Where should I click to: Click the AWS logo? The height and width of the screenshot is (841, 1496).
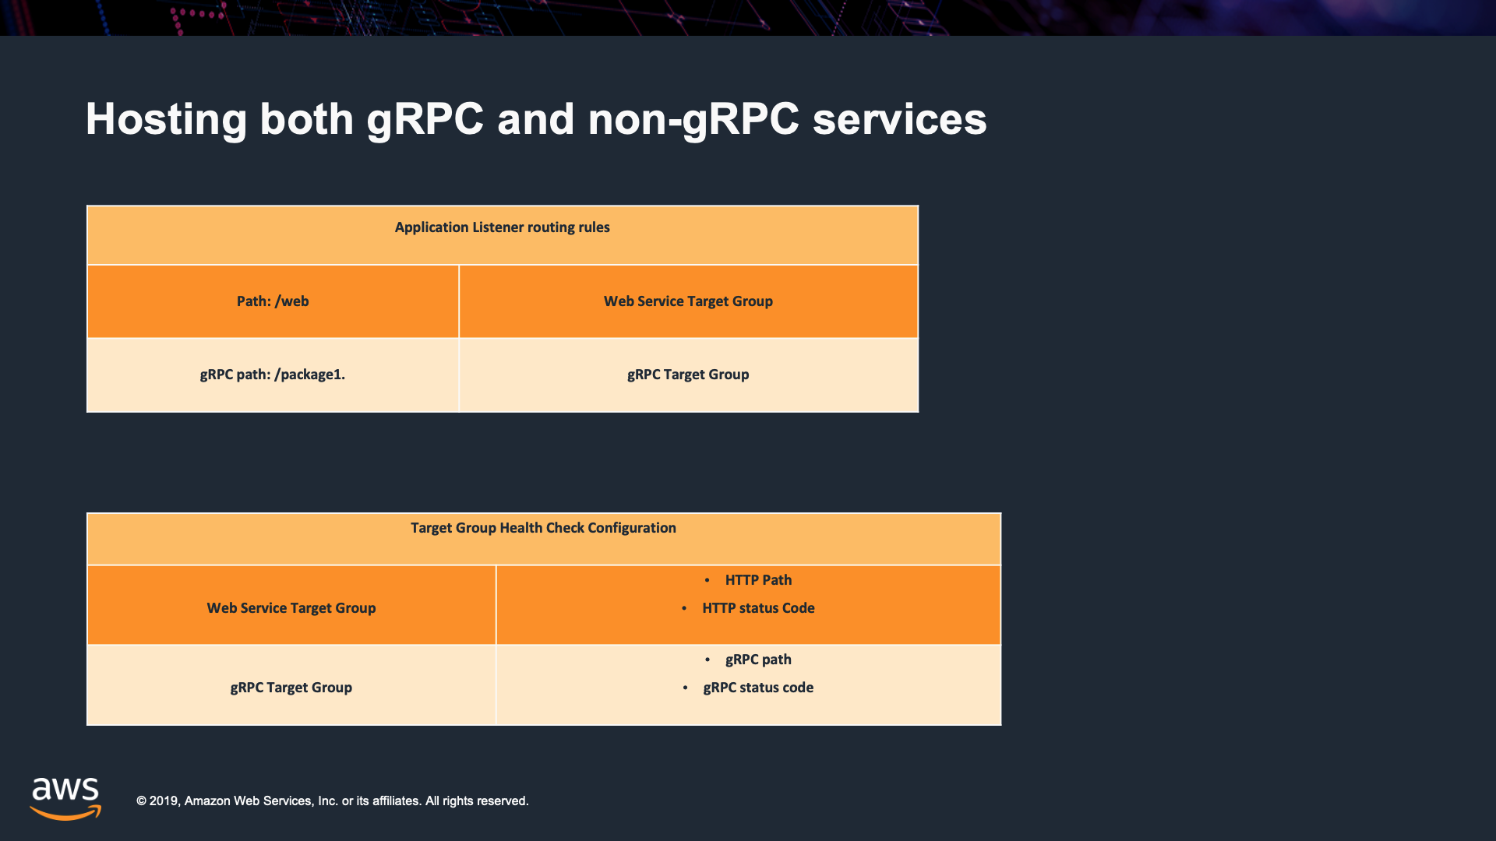(65, 798)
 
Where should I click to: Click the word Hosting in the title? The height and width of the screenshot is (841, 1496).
(166, 120)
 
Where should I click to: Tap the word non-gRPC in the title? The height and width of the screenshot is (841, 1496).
(693, 120)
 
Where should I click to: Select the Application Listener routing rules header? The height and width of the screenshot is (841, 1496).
(502, 227)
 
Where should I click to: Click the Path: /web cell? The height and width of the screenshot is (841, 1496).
(273, 301)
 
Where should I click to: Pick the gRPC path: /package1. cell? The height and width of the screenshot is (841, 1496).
(273, 375)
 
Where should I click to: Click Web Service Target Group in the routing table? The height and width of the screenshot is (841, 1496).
(688, 301)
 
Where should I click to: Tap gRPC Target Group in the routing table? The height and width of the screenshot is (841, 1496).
(688, 375)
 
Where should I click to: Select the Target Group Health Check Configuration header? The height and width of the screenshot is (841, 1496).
(543, 528)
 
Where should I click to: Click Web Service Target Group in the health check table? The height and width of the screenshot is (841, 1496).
(291, 608)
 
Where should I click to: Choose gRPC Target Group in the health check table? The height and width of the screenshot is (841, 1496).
(291, 688)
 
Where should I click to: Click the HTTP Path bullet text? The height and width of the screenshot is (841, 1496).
(758, 580)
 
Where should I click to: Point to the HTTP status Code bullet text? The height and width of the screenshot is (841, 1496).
(758, 608)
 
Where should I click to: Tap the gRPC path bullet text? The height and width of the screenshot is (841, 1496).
(758, 660)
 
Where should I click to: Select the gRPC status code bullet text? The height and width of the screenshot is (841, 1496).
(758, 688)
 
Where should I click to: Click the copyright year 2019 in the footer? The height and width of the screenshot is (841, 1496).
(164, 801)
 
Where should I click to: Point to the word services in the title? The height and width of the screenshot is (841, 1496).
(900, 120)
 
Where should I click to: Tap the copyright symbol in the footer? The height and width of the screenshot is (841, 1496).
(141, 801)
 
